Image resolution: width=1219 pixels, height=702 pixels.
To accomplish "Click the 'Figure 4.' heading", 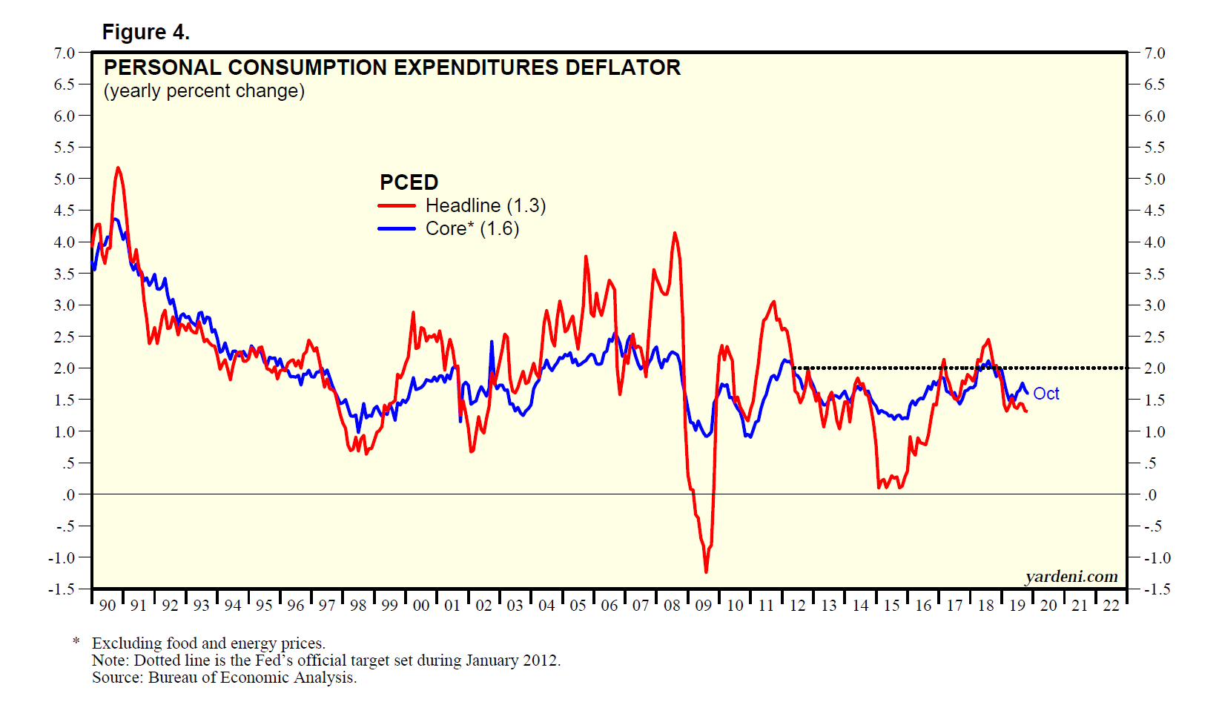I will point(145,32).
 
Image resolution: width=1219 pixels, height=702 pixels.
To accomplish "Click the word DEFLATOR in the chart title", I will point(623,67).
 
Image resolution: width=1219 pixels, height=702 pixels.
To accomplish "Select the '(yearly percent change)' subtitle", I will point(204,91).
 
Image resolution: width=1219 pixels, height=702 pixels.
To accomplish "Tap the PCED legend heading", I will point(409,182).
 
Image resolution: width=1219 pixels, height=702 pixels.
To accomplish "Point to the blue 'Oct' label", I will point(1045,394).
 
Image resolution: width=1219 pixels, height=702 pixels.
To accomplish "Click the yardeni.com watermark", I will point(1071,576).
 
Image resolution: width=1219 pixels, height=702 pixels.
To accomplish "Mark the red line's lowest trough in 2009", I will point(706,572).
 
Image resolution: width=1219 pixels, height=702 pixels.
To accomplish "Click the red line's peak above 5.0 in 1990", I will point(118,168).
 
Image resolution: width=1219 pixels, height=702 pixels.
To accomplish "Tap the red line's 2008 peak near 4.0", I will point(675,234).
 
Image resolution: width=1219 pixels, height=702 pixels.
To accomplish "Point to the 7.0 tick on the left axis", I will point(65,53).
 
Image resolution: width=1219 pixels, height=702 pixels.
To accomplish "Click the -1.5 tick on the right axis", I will point(1154,589).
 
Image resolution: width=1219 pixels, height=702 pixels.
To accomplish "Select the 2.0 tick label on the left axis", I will point(65,368).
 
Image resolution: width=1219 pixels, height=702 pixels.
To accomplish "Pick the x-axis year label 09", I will point(703,606).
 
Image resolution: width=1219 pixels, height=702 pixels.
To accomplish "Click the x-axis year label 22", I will point(1111,606).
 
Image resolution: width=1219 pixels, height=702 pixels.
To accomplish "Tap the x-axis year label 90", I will point(108,606).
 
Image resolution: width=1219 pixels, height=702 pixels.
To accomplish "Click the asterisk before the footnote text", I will point(76,641).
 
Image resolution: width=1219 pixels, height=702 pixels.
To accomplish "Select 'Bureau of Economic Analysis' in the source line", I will point(252,677).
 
